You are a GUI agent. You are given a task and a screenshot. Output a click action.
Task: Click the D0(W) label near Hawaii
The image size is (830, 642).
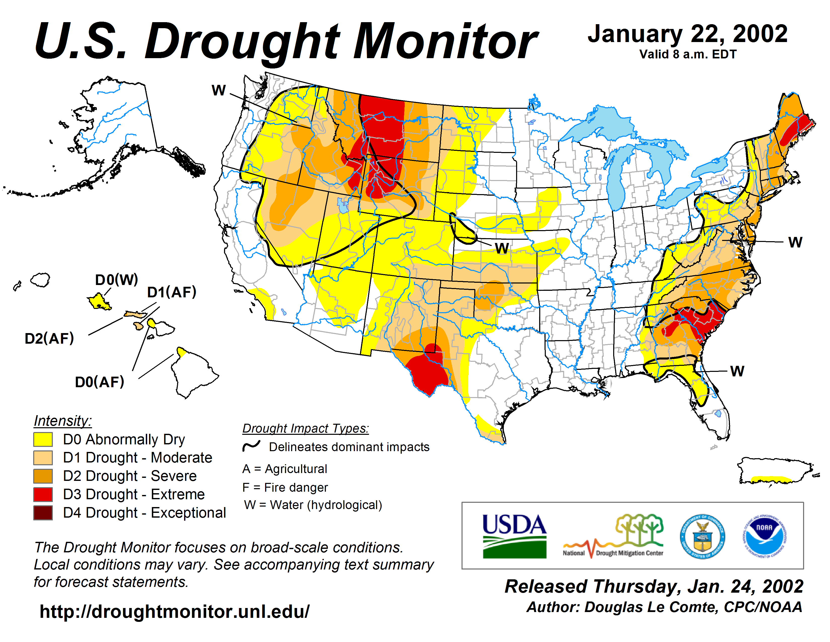click(116, 280)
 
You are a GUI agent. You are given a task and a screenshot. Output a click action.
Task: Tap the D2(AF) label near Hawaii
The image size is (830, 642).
click(49, 338)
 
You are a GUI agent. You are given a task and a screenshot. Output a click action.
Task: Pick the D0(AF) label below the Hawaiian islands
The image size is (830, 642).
click(100, 382)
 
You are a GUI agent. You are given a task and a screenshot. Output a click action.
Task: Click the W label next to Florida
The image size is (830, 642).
click(737, 371)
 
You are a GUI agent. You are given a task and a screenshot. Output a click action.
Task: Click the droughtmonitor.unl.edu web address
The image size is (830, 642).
click(175, 612)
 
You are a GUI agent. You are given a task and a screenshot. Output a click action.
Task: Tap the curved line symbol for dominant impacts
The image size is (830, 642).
click(251, 446)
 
